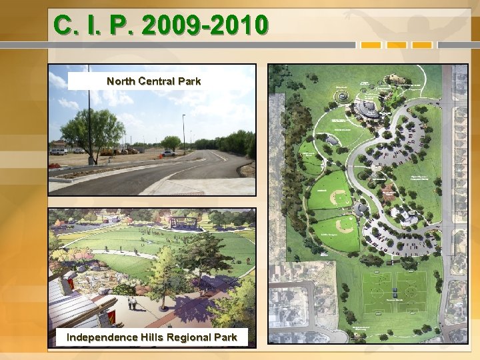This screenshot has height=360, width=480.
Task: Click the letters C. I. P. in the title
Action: (91, 25)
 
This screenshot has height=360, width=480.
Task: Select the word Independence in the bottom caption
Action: (97, 337)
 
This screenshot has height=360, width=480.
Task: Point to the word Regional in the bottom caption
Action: (187, 337)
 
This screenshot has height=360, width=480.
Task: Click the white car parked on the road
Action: (169, 153)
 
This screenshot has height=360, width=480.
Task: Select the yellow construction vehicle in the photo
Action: (107, 153)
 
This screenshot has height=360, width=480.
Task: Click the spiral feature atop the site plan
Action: (341, 96)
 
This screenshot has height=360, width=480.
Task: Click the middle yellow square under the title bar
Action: (397, 45)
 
